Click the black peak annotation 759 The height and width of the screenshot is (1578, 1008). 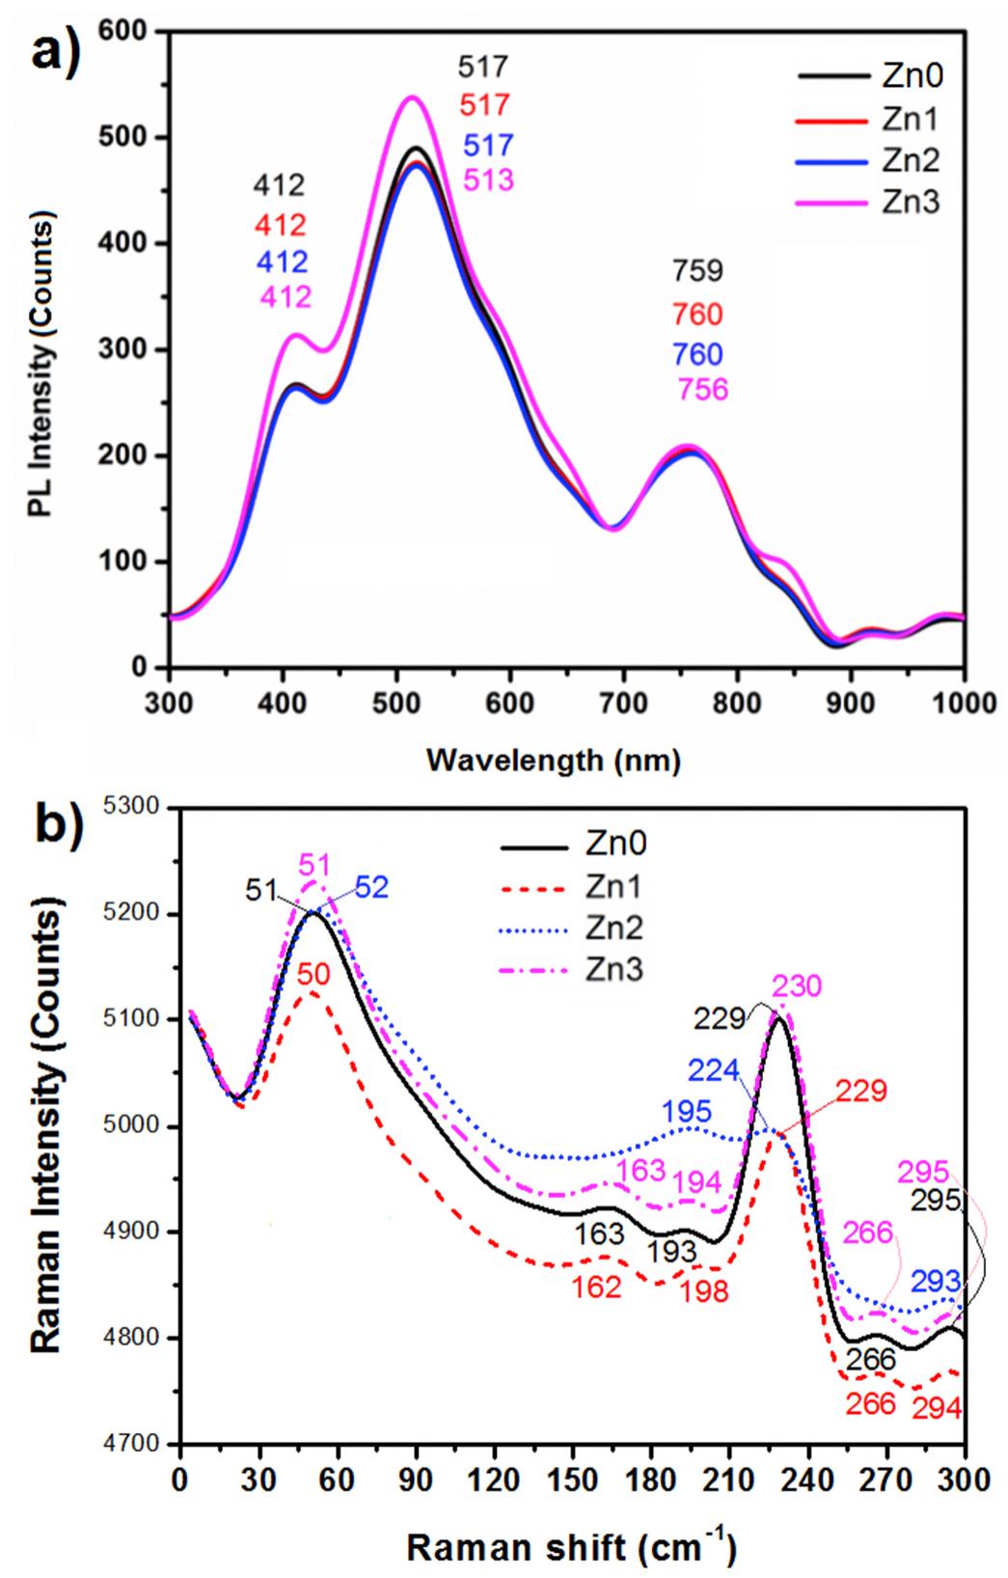698,271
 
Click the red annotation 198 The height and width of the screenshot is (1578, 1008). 704,1292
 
